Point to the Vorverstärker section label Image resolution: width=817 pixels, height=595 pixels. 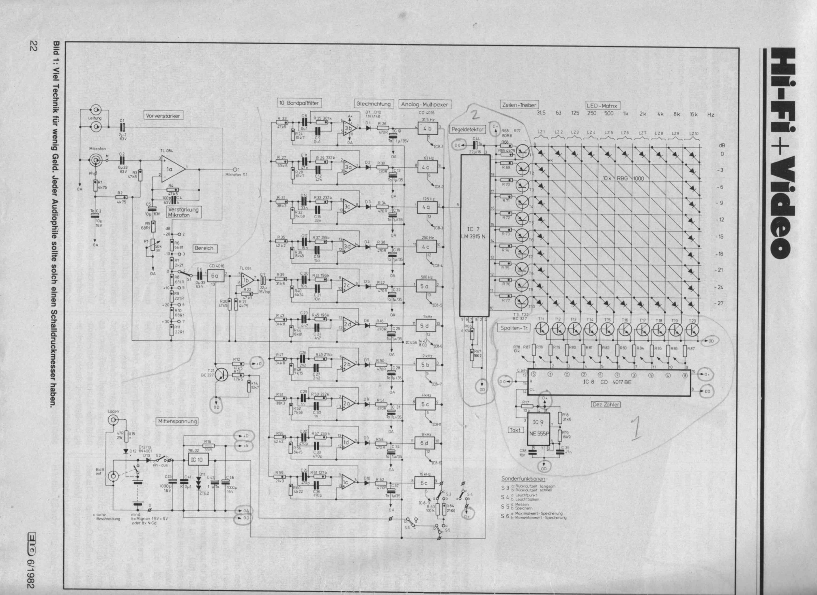[163, 116]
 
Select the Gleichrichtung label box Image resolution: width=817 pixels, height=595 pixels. [373, 104]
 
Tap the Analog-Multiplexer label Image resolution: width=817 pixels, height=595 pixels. [425, 105]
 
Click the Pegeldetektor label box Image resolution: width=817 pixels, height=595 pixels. [467, 129]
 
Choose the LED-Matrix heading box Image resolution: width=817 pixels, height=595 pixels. [602, 106]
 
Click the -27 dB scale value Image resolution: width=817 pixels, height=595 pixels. [719, 303]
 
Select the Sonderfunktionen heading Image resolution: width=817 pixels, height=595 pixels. [523, 479]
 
